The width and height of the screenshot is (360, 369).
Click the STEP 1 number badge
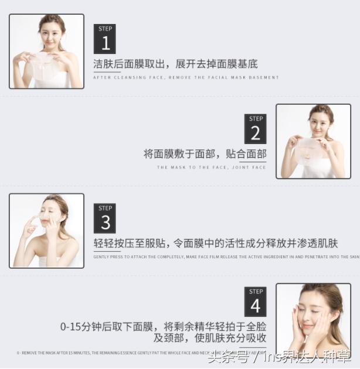105,39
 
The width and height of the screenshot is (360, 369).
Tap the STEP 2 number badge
255,129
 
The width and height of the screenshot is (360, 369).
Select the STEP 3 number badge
105,218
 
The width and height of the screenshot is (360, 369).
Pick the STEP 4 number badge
255,302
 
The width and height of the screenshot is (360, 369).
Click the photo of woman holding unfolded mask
46,52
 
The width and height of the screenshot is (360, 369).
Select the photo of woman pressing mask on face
46,231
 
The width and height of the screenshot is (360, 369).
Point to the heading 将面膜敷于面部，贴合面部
205,154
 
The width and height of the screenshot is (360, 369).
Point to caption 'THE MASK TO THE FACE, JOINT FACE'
211,168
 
